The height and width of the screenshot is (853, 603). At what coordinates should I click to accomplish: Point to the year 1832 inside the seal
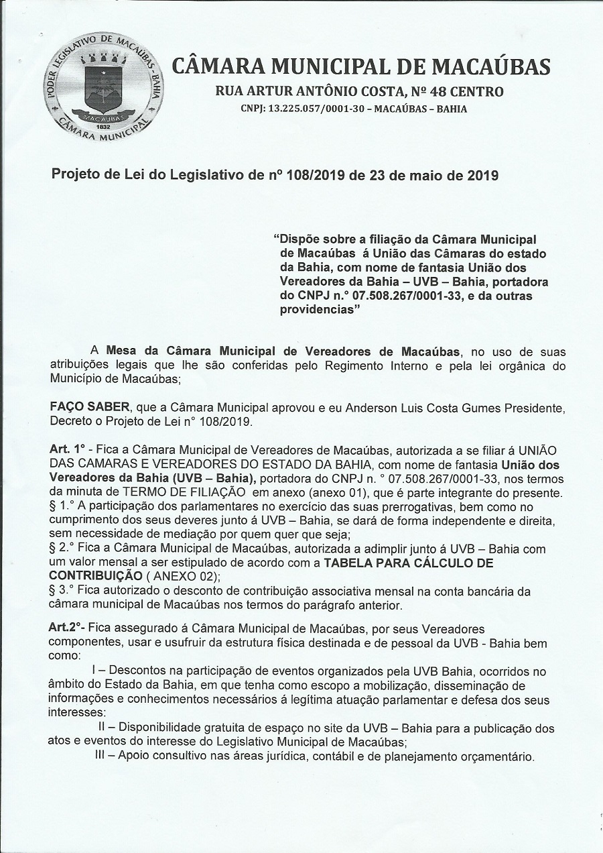(x=103, y=126)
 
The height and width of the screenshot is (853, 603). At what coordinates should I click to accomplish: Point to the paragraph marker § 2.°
(x=65, y=549)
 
